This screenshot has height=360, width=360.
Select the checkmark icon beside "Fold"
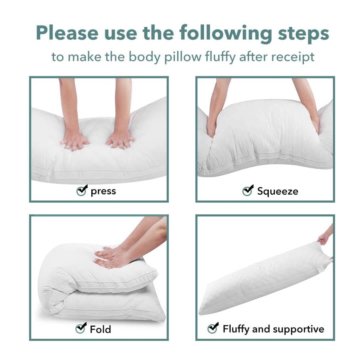[81, 328]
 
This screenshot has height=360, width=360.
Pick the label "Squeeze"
[277, 191]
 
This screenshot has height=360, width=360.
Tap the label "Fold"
[100, 329]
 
